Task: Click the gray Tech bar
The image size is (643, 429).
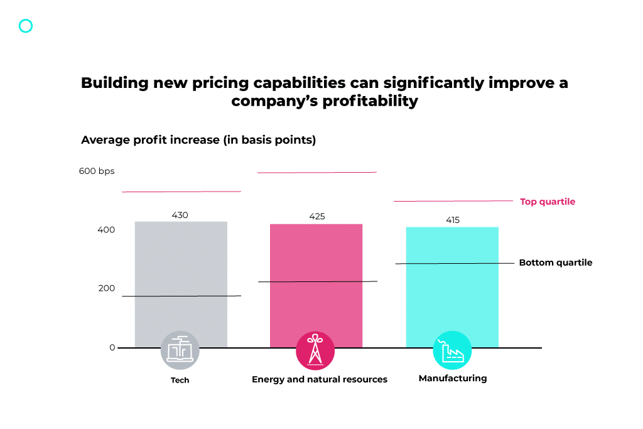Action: point(181,276)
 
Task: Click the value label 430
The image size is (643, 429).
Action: point(180,215)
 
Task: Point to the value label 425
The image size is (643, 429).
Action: point(317,217)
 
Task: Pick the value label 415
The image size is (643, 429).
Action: point(453,220)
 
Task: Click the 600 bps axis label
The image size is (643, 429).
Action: point(97,171)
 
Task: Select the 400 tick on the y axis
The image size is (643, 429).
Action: point(106,230)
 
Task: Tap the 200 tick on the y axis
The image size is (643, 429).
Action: point(106,288)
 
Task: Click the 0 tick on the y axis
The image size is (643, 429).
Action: point(112,347)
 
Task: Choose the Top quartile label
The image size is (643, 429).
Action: point(548,202)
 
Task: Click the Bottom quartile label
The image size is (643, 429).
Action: point(556,263)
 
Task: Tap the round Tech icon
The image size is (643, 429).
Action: point(180,350)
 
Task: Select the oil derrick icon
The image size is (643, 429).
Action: point(315,350)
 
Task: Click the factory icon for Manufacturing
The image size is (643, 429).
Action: point(452,350)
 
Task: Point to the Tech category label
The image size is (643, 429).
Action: point(180,380)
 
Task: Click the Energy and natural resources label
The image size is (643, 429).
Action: point(320,379)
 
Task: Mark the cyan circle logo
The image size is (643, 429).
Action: point(26,26)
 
